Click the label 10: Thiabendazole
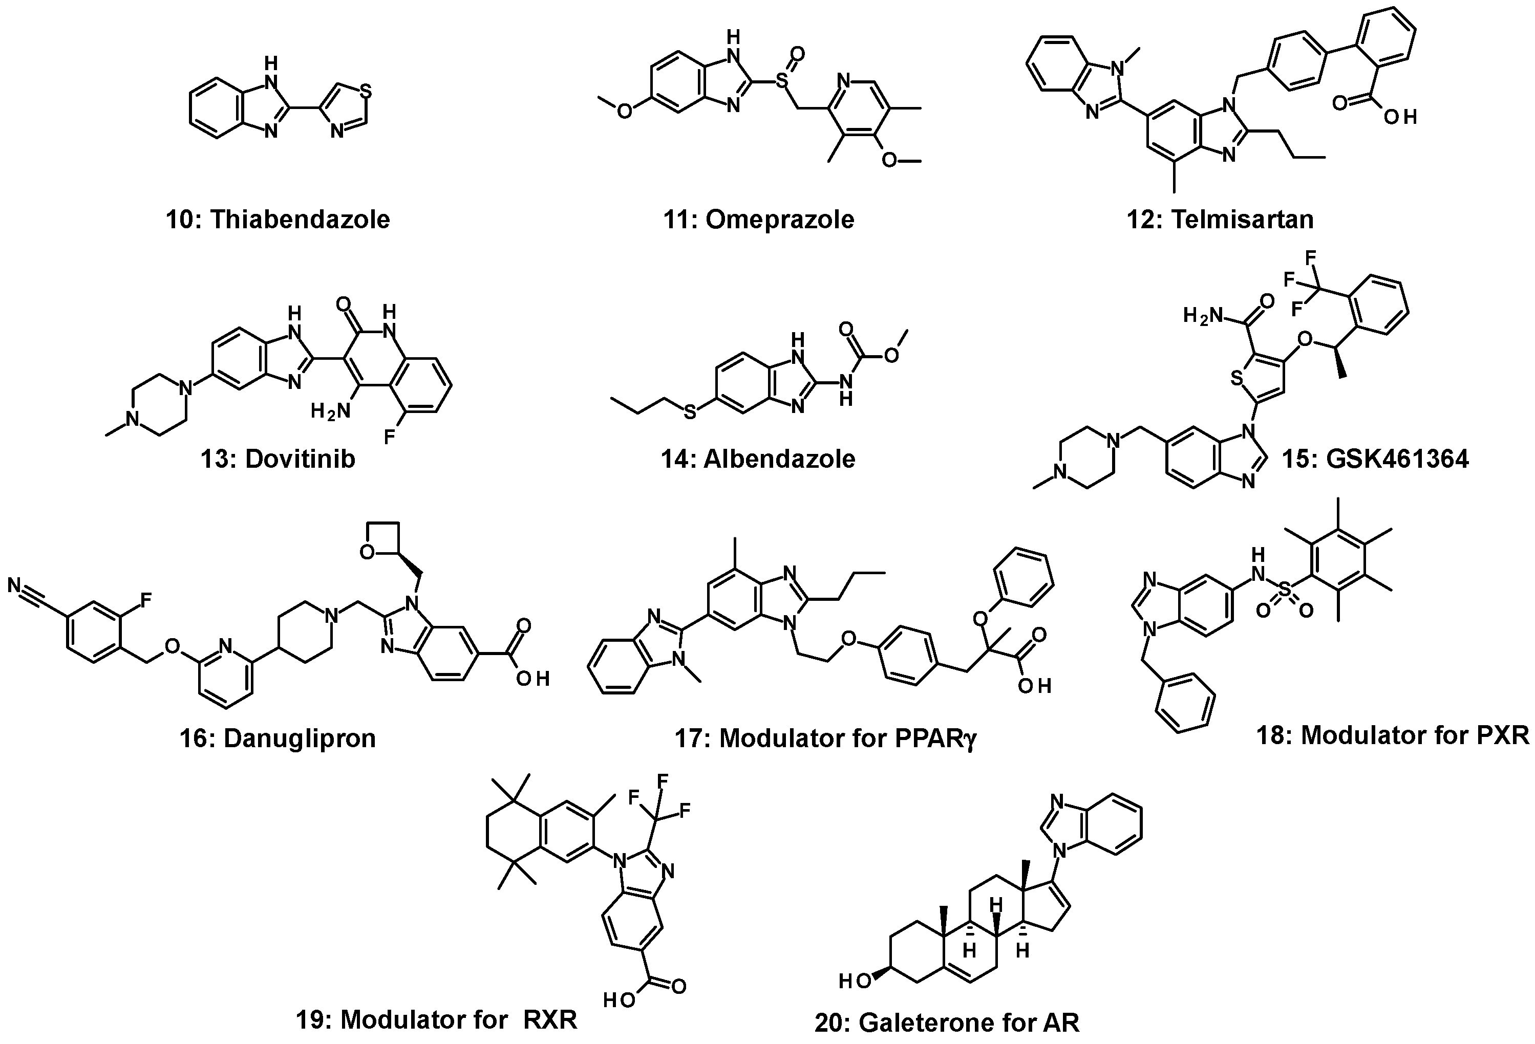[x=278, y=219]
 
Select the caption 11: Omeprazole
[x=759, y=219]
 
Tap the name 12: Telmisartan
[x=1220, y=219]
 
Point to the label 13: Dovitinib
[x=278, y=458]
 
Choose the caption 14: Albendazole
[x=758, y=458]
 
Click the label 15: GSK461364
[x=1375, y=458]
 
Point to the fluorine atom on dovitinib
[x=390, y=437]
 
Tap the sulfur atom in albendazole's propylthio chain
[x=690, y=412]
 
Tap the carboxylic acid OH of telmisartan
[x=1400, y=118]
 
